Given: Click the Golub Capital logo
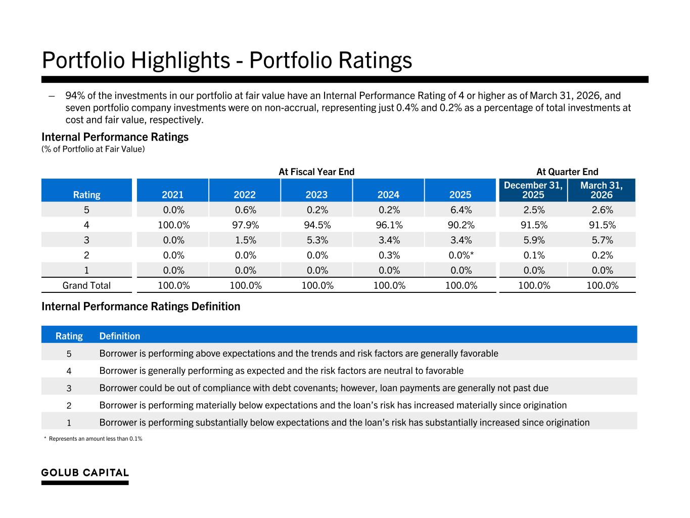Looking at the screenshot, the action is pos(85,476).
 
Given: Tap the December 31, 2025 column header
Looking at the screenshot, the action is pos(533,190).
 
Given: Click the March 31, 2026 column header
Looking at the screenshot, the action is pos(602,190).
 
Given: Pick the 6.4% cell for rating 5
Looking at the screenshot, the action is pos(461,210).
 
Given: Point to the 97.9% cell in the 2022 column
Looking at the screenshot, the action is pos(246,225).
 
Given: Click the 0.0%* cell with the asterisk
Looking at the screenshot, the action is pos(461,255).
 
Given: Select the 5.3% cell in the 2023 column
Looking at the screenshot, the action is pos(317,240).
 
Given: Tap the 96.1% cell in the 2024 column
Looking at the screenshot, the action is pos(389,225).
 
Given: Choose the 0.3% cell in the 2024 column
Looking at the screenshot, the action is pos(389,255).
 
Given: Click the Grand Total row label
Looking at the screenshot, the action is pos(86,285).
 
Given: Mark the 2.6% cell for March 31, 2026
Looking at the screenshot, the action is pos(602,210).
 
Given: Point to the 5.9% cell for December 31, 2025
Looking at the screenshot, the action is pos(534,240).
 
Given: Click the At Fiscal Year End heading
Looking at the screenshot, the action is pos(316,171).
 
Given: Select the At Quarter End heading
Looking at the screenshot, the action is pos(567,171).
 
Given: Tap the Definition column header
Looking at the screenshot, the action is pos(120,336).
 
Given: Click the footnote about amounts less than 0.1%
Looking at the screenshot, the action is pos(94,439).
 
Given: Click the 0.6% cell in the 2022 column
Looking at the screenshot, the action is pos(246,210).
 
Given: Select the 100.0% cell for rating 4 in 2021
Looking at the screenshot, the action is pos(174,225).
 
